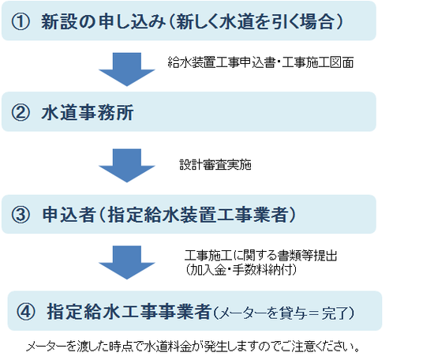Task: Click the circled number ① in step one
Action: [21, 22]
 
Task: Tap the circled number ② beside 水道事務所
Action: [21, 113]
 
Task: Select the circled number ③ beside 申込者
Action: [21, 215]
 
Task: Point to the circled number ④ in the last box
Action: [26, 311]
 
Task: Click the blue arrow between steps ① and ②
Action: [127, 69]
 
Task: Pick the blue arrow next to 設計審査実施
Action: [127, 166]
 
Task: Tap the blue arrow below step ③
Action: [127, 263]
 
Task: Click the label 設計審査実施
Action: [215, 165]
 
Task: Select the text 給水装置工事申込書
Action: [222, 62]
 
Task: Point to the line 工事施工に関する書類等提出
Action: [261, 255]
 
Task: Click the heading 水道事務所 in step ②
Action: [88, 113]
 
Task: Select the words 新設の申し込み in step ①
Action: [103, 22]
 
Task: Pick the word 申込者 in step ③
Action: [69, 215]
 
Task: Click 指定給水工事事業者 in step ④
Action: [129, 311]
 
